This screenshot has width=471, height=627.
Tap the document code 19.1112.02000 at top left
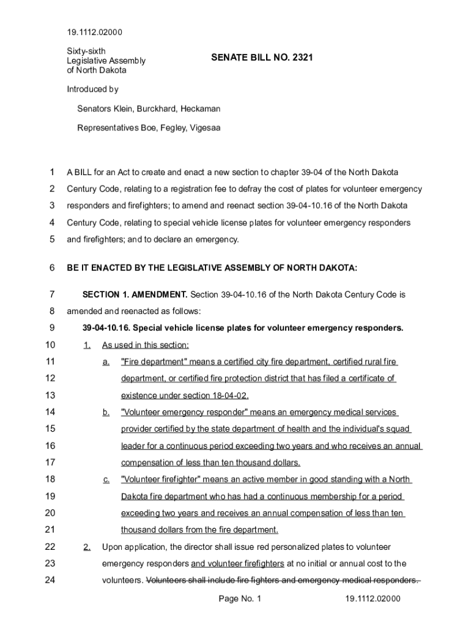[94, 32]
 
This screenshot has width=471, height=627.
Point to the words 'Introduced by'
[92, 89]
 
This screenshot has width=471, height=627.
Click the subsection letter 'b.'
[106, 412]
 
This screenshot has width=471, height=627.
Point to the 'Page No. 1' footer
[240, 598]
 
